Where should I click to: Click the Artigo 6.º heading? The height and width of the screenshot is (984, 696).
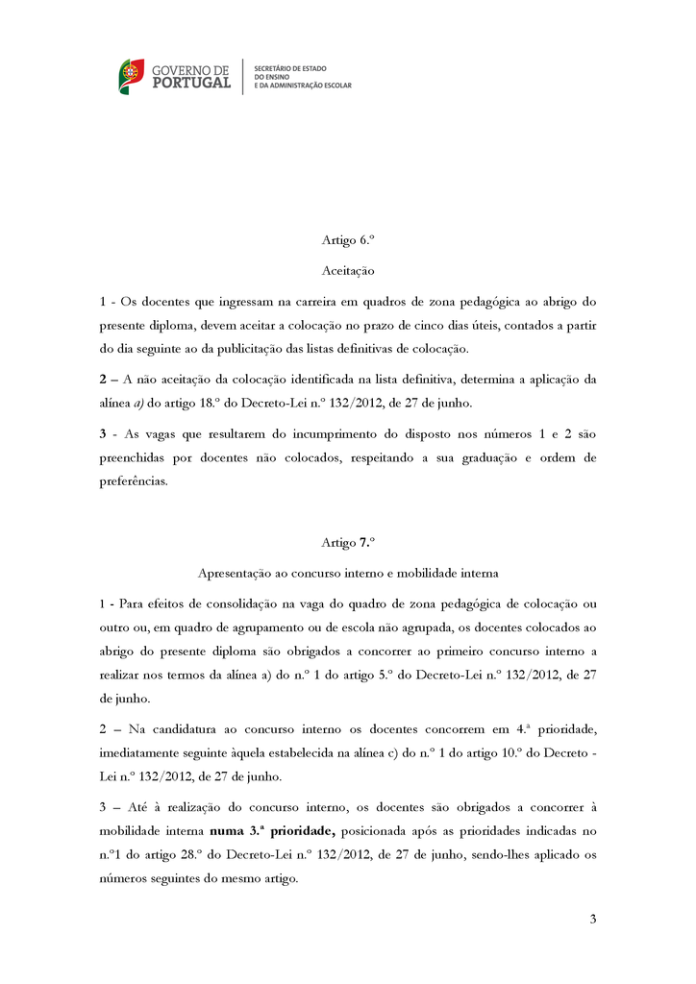(347, 241)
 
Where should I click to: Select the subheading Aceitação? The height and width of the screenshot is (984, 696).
(347, 272)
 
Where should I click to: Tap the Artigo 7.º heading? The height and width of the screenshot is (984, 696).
(347, 543)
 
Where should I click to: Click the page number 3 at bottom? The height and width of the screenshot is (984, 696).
(593, 920)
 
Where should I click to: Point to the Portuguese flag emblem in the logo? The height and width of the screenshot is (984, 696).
(132, 76)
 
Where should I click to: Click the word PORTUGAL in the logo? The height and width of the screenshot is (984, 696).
(190, 84)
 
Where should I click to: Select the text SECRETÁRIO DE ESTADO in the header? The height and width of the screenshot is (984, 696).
(289, 68)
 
